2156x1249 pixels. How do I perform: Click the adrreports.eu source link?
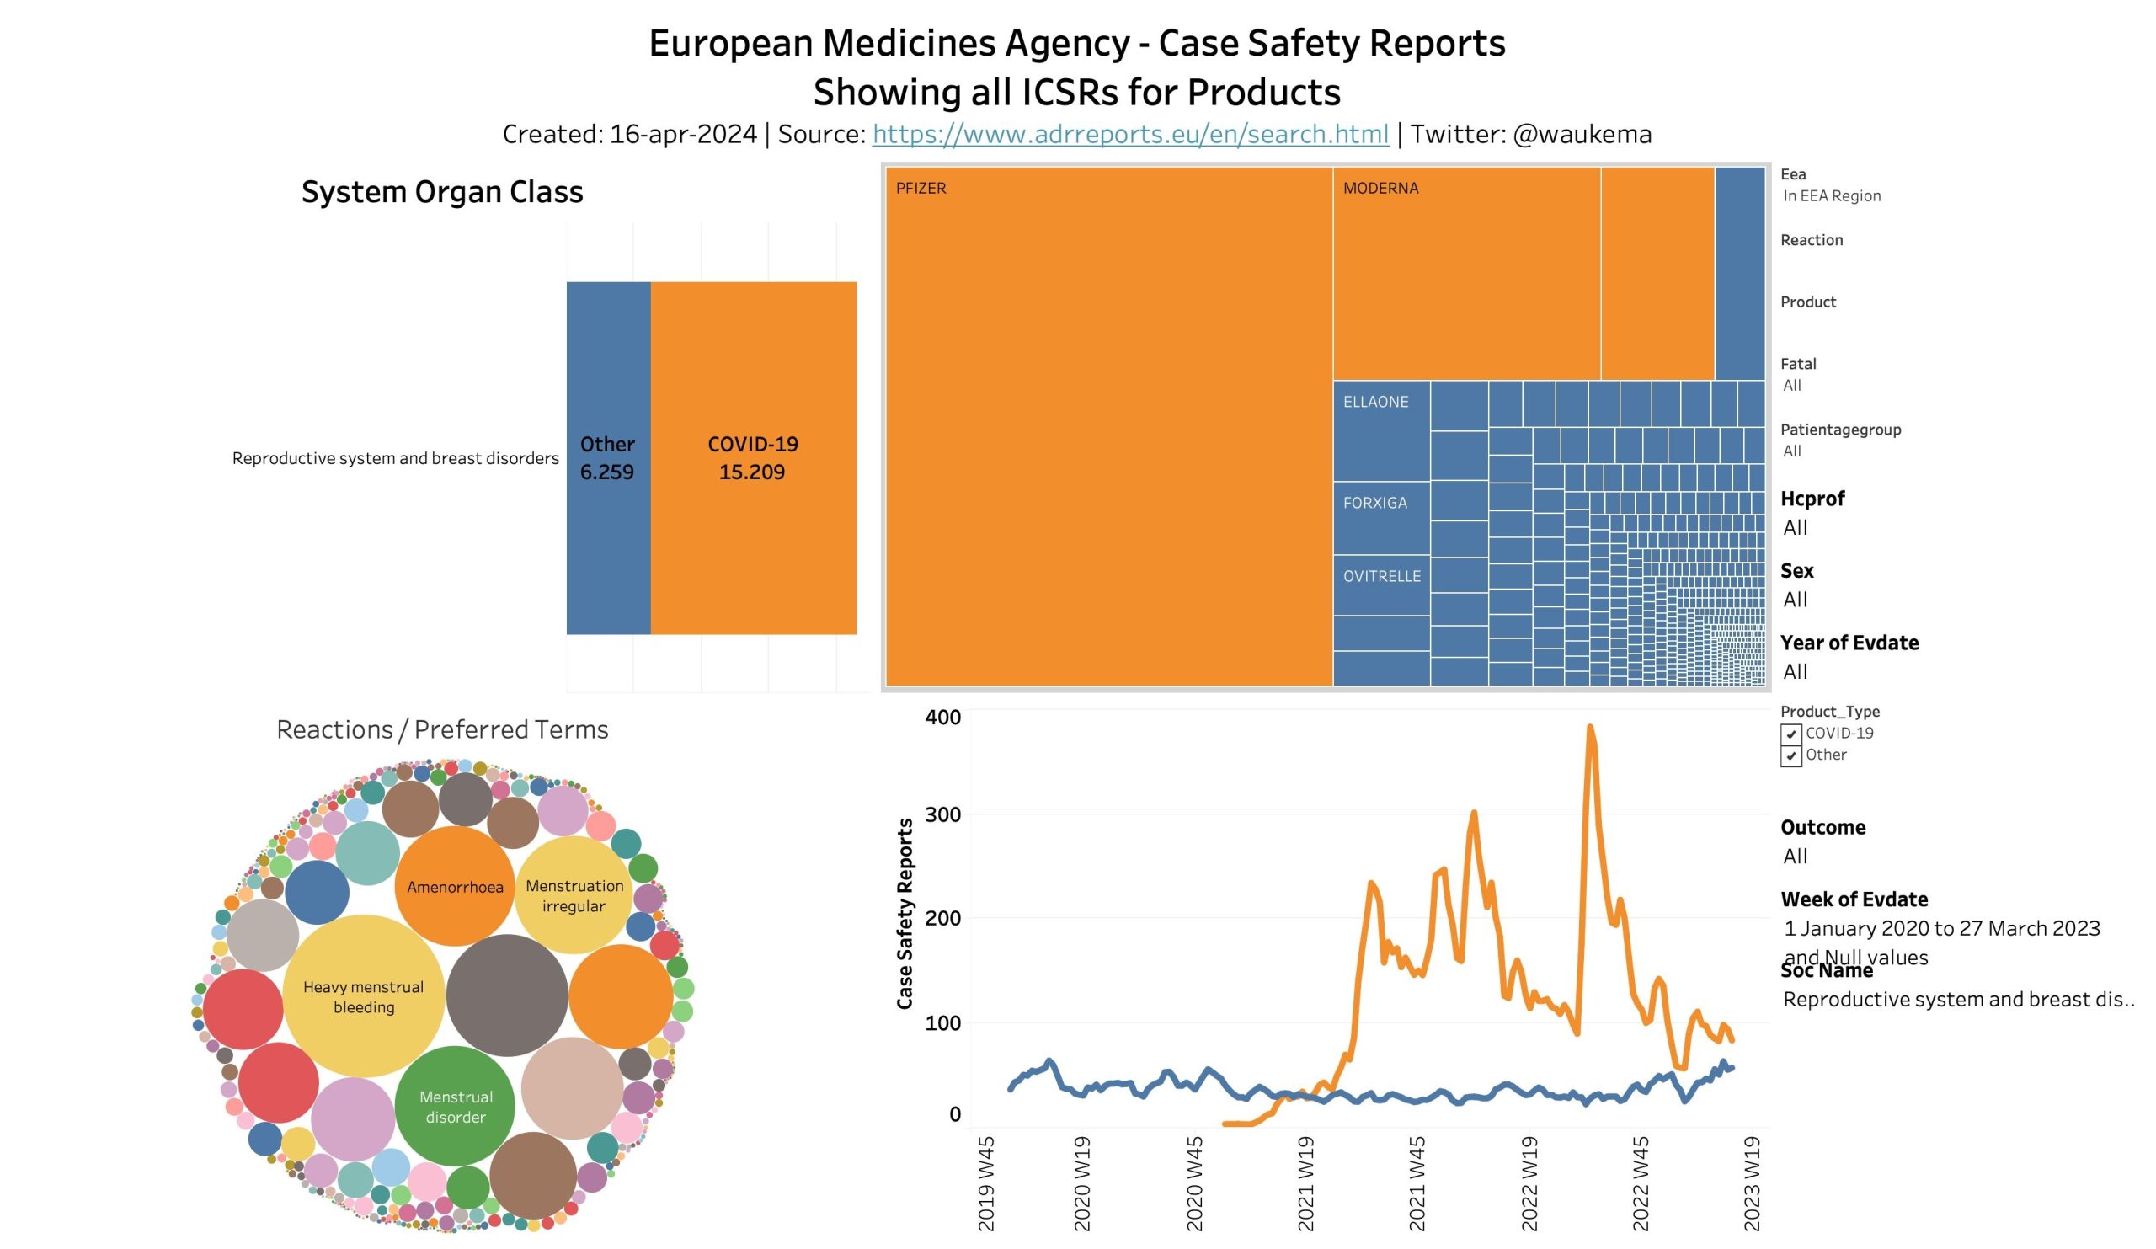pos(1129,134)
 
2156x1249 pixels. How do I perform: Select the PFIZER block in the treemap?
pos(1108,426)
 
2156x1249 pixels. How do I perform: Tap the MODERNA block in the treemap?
pos(1465,273)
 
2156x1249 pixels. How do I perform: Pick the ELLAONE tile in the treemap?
pos(1381,430)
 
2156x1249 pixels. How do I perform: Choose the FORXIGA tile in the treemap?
pos(1381,518)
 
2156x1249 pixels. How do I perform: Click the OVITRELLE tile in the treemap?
pos(1381,585)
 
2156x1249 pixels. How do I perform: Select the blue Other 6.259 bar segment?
pos(607,457)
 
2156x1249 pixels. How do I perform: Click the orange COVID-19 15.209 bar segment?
pos(753,457)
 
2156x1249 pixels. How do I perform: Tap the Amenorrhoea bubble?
pos(454,886)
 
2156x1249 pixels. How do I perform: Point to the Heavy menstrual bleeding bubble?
pos(364,996)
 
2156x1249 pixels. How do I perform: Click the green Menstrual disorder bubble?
pos(455,1106)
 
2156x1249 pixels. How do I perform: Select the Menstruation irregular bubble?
pos(574,894)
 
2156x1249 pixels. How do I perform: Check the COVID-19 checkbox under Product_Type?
pos(1790,734)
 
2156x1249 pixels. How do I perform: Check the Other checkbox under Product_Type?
pos(1790,755)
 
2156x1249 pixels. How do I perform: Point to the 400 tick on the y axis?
pos(942,717)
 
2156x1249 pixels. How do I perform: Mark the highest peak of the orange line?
pos(1589,727)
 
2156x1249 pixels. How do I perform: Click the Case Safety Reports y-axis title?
pos(905,914)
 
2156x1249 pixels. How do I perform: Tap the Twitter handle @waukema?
pos(1581,134)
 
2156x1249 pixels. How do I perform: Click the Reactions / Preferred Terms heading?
pos(442,729)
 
